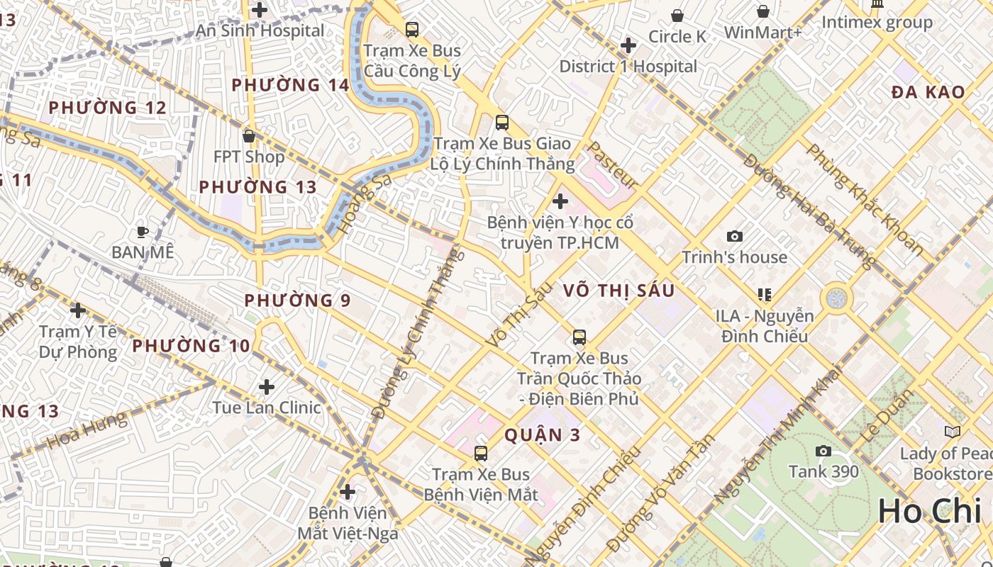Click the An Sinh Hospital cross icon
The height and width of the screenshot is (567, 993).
click(x=260, y=10)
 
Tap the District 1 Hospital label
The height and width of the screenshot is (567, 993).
click(x=628, y=67)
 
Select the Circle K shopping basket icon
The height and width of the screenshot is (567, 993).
click(x=677, y=16)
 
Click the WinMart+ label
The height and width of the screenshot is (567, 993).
click(x=762, y=33)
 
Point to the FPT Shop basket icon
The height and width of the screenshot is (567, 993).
click(x=248, y=135)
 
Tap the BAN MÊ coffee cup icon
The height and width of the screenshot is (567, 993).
click(x=142, y=231)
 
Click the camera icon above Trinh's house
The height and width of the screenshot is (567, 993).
click(x=735, y=236)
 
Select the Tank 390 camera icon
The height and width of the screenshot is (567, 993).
click(x=823, y=451)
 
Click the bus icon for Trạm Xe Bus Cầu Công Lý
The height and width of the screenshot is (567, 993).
click(x=412, y=30)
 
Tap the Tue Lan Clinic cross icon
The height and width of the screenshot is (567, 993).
click(x=267, y=387)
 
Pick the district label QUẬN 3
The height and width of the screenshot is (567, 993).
click(x=543, y=435)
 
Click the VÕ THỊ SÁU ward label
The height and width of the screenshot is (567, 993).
click(x=618, y=291)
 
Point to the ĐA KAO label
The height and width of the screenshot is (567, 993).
click(x=928, y=92)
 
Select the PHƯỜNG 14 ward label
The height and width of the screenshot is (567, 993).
click(x=290, y=85)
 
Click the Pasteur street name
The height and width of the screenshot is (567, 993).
click(x=613, y=164)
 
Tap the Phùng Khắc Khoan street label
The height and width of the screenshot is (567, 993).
click(x=865, y=199)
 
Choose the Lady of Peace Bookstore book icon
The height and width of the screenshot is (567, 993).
click(x=952, y=432)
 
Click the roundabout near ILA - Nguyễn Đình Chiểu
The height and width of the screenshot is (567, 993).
click(x=837, y=297)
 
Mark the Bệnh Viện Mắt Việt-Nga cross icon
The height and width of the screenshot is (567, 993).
click(x=348, y=491)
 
